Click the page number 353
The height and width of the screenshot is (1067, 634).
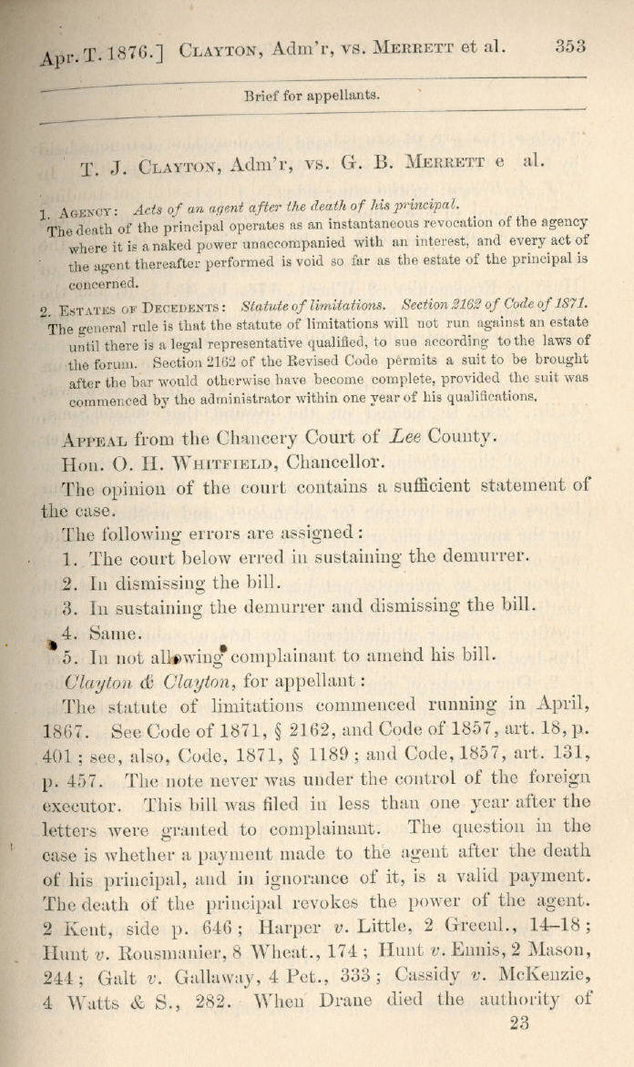568,47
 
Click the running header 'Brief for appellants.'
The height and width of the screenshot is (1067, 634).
312,95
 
